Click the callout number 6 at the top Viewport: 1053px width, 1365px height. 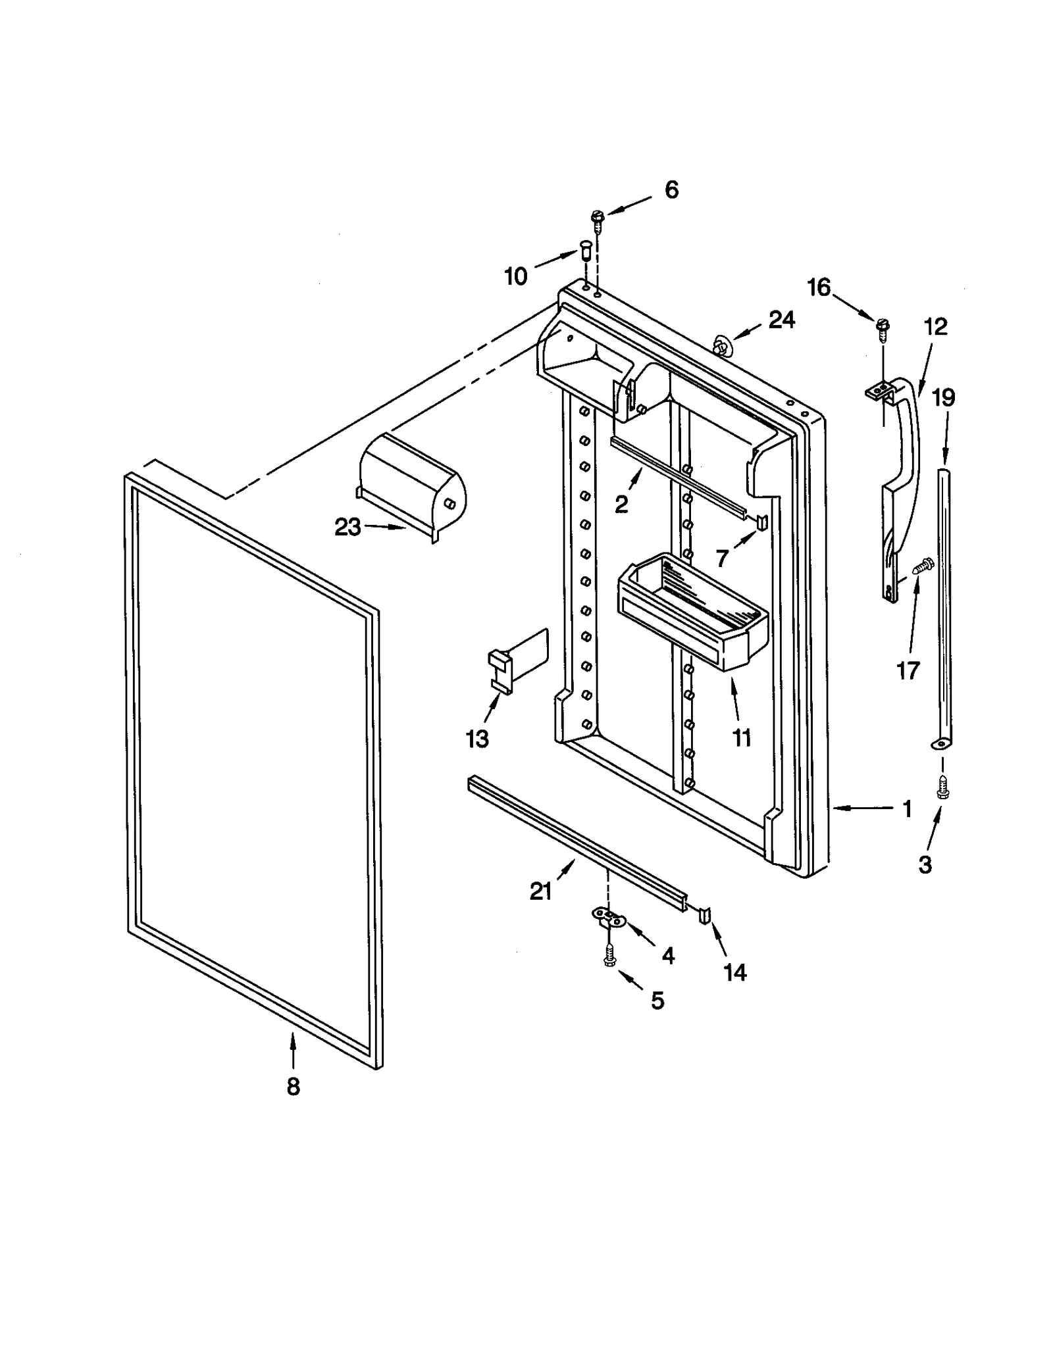[x=671, y=189]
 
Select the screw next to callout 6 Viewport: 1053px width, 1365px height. [x=598, y=220]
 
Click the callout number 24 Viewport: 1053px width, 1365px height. [x=781, y=320]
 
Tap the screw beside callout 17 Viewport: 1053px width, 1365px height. [x=924, y=564]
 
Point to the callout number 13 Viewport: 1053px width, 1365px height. [x=477, y=739]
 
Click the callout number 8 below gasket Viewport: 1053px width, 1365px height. [x=293, y=1087]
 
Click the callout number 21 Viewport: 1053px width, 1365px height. [x=540, y=891]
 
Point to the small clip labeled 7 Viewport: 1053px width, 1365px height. [x=761, y=522]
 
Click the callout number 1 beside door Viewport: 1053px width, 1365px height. [x=907, y=808]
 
